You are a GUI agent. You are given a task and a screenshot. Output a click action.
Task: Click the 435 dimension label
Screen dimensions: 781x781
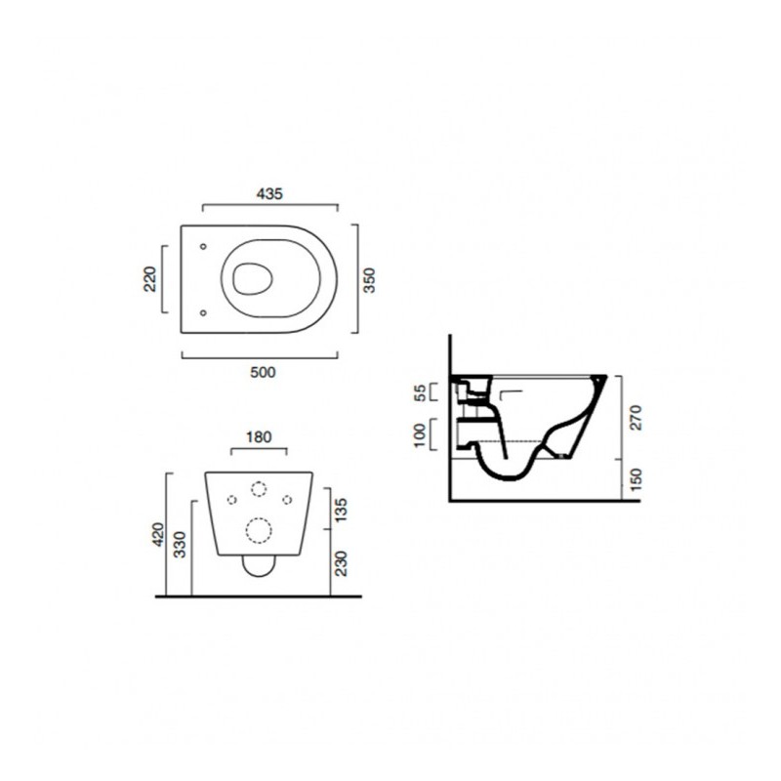[x=269, y=193]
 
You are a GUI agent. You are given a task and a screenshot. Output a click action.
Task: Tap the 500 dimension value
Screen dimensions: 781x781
[x=263, y=372]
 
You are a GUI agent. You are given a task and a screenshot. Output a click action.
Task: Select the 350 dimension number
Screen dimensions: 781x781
[x=369, y=280]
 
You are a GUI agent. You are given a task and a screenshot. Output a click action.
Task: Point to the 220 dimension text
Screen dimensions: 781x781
[x=149, y=279]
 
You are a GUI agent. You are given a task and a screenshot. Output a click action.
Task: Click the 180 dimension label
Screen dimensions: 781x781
[x=259, y=436]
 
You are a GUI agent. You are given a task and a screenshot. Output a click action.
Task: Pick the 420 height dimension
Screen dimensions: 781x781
[x=158, y=534]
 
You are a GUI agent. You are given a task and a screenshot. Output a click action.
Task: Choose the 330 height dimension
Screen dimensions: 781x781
[x=180, y=545]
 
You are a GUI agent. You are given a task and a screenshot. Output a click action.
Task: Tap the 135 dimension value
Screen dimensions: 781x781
[x=341, y=510]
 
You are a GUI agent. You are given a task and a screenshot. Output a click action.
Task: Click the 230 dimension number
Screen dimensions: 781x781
[x=341, y=563]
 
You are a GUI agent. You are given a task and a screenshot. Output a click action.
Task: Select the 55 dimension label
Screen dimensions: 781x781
[x=421, y=392]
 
